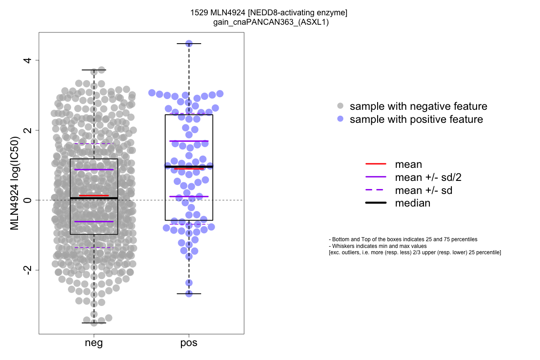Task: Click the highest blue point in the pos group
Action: pyautogui.click(x=189, y=44)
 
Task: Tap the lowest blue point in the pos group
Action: pyautogui.click(x=189, y=293)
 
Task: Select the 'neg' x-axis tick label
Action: pyautogui.click(x=94, y=343)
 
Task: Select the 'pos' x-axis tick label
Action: pyautogui.click(x=189, y=343)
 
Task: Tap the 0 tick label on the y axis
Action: pyautogui.click(x=27, y=200)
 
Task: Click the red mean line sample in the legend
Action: pyautogui.click(x=376, y=164)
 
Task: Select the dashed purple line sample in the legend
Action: pyautogui.click(x=376, y=190)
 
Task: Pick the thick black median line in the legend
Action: pyautogui.click(x=376, y=203)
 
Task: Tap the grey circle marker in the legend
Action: pyautogui.click(x=340, y=106)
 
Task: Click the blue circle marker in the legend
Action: pyautogui.click(x=340, y=119)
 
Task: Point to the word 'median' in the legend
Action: pyautogui.click(x=413, y=203)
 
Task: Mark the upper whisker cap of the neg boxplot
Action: pyautogui.click(x=94, y=70)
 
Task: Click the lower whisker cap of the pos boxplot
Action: pyautogui.click(x=189, y=294)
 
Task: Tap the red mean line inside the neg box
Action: pyautogui.click(x=94, y=195)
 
